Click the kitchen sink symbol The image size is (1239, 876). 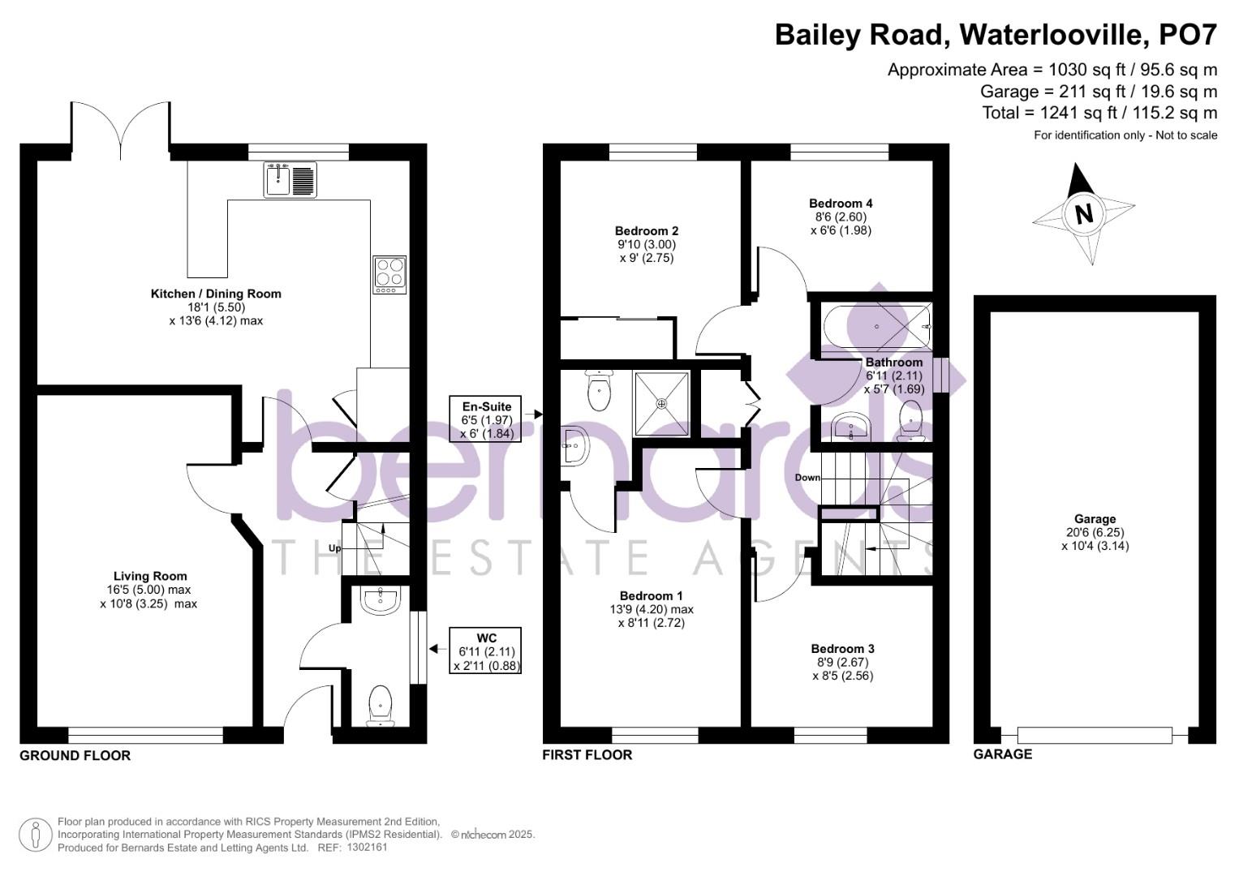pyautogui.click(x=290, y=179)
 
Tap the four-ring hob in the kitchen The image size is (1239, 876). pyautogui.click(x=389, y=274)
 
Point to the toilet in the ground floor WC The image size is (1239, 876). pyautogui.click(x=380, y=704)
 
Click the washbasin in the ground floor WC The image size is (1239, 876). pyautogui.click(x=380, y=600)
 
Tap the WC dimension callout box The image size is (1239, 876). pyautogui.click(x=487, y=651)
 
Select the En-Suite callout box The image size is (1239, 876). pyautogui.click(x=487, y=419)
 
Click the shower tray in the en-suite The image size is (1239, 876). pyautogui.click(x=661, y=402)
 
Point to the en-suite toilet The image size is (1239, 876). pyautogui.click(x=598, y=390)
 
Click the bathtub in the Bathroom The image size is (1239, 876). pyautogui.click(x=876, y=327)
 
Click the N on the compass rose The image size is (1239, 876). pyautogui.click(x=1083, y=214)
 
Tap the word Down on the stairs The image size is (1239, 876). pyautogui.click(x=807, y=478)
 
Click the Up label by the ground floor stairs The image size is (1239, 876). pyautogui.click(x=334, y=548)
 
